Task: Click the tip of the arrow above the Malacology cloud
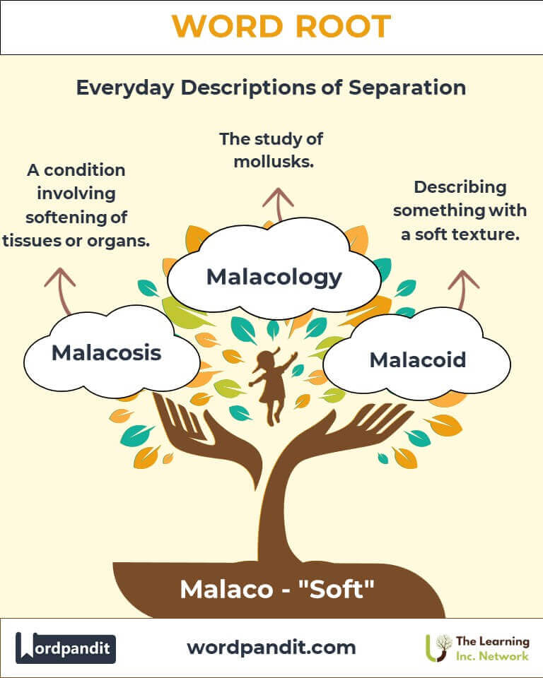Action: coord(278,189)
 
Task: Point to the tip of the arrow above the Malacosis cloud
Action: coord(59,269)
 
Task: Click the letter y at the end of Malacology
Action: coord(334,280)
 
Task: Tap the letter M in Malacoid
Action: coord(381,359)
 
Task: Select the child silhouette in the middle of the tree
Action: coord(273,386)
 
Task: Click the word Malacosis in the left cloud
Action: coord(107,353)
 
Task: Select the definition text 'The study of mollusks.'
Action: coord(271,150)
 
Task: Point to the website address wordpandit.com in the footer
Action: coord(271,648)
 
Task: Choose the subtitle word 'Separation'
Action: coord(407,88)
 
